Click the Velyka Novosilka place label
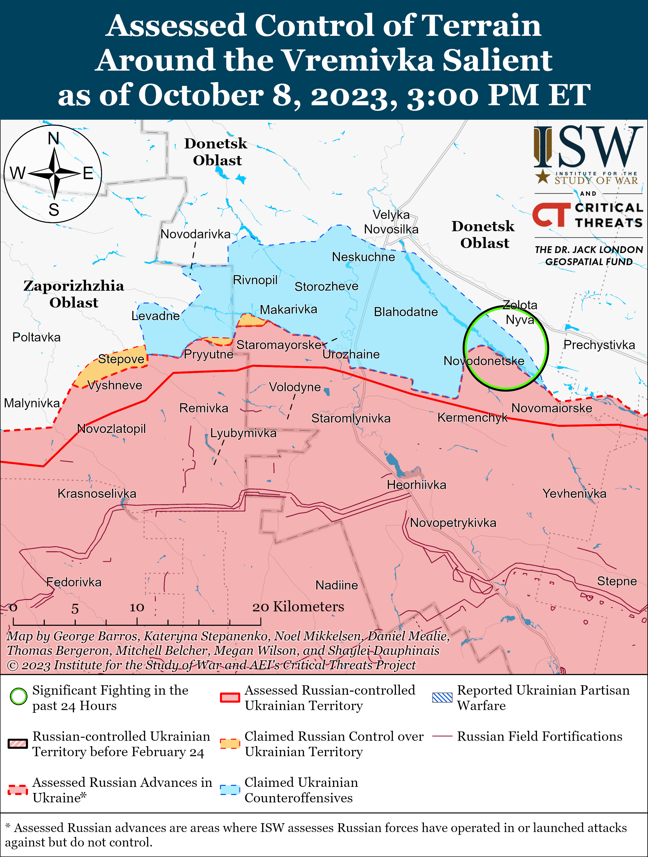[391, 222]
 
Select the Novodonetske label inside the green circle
[484, 361]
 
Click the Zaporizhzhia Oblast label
[74, 294]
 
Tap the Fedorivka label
[74, 582]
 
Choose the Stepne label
[616, 581]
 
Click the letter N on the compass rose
[53, 138]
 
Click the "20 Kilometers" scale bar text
[298, 606]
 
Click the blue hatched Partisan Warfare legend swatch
[442, 697]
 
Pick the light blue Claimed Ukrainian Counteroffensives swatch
[230, 790]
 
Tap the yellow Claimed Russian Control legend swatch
[230, 743]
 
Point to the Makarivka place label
[288, 309]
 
